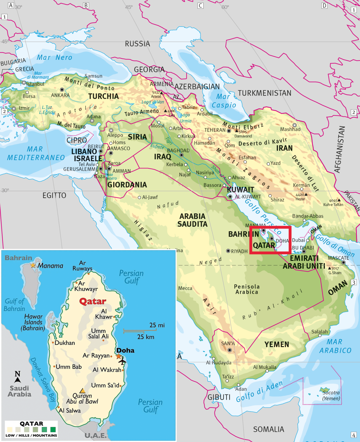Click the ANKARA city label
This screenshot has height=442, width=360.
click(60, 95)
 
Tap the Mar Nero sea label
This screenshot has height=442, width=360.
click(54, 58)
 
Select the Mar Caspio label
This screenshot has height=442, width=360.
click(224, 101)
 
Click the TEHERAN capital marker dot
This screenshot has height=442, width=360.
click(229, 131)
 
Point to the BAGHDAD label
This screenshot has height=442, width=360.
click(178, 150)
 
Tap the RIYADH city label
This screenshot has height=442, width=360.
click(239, 251)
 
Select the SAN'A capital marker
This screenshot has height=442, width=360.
click(230, 350)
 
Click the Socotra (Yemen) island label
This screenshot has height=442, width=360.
click(331, 395)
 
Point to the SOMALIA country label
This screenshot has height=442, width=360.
click(268, 429)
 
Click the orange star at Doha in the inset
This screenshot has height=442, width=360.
click(119, 356)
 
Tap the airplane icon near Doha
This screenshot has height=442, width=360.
click(123, 361)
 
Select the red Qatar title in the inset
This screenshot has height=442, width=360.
click(93, 301)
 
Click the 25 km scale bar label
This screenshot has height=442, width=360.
click(145, 337)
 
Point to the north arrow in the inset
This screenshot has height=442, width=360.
click(18, 377)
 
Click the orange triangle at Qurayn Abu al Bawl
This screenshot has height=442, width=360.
click(82, 390)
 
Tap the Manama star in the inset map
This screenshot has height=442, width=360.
click(33, 265)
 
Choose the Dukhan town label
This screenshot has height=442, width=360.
click(65, 343)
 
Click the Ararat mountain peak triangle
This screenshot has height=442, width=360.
click(162, 93)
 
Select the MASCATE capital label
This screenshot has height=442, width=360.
click(338, 258)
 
